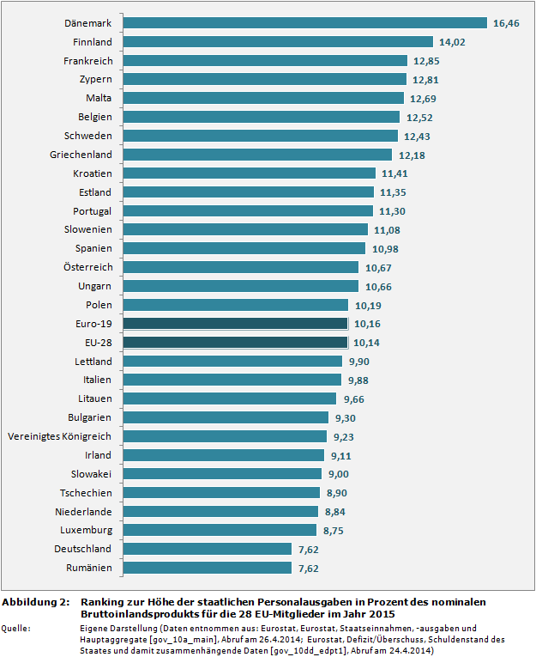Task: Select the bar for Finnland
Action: click(x=277, y=41)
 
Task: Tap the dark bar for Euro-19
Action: click(x=234, y=324)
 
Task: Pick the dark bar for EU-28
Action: click(x=234, y=343)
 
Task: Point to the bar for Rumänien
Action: click(x=206, y=569)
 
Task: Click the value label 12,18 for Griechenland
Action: click(x=412, y=155)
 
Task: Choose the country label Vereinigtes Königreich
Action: click(x=59, y=436)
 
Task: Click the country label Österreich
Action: click(x=88, y=267)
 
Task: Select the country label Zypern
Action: click(x=94, y=79)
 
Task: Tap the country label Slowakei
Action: click(x=91, y=474)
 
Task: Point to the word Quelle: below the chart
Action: click(x=17, y=629)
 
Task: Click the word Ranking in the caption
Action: click(x=103, y=602)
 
